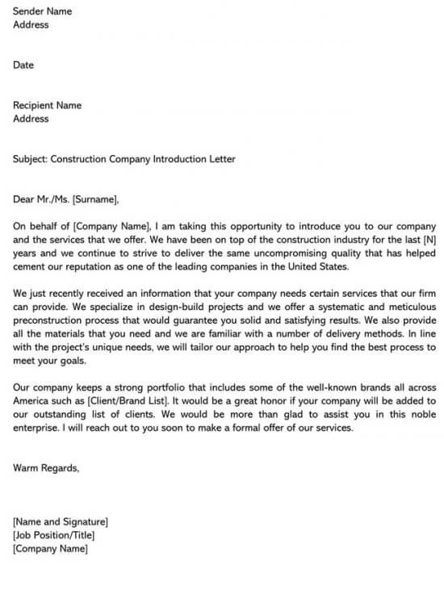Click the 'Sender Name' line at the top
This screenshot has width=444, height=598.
tap(42, 11)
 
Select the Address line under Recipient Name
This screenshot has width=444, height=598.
tap(31, 119)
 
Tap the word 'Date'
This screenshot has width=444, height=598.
tap(23, 65)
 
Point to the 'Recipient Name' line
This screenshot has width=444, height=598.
tap(47, 105)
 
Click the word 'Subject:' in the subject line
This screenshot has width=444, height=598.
tap(30, 159)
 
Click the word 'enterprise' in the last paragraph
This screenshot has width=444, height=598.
tap(36, 429)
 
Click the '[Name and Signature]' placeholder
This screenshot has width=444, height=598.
tap(61, 522)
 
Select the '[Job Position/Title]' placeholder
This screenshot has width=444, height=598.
tap(54, 536)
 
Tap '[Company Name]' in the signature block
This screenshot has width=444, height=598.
tap(50, 550)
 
